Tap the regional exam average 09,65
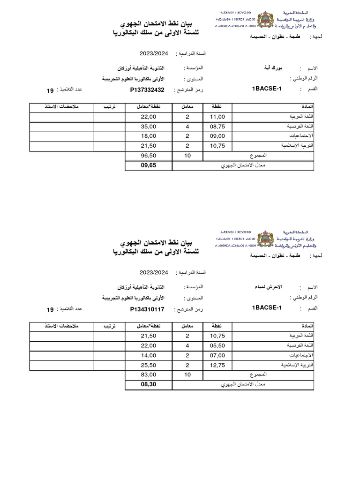pos(149,165)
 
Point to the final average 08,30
pos(149,385)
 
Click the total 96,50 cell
pos(149,155)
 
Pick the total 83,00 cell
pos(149,375)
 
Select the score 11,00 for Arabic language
pos(217,117)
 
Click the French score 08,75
pos(217,127)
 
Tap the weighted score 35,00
pos(149,127)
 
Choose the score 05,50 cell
pos(217,346)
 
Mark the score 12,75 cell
pos(217,365)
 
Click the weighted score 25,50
pos(149,365)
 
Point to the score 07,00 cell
pos(217,356)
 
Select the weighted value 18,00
pos(149,136)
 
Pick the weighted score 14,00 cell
pos(149,356)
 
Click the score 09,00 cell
pos(217,136)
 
